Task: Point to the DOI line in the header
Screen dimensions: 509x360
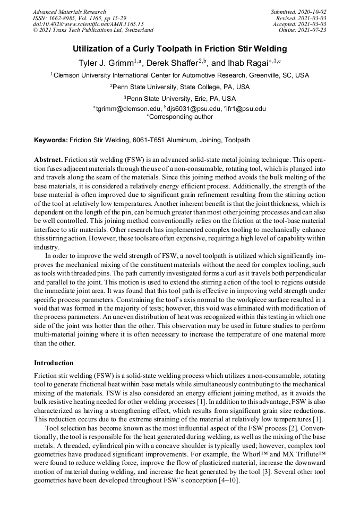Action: [x=88, y=24]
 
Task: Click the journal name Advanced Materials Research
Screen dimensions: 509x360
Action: [x=69, y=12]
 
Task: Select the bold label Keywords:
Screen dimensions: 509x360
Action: [x=51, y=140]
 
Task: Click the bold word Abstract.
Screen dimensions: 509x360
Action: [x=48, y=160]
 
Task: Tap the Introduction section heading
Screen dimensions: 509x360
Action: [x=54, y=363]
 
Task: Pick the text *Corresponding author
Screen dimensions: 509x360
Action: [x=179, y=117]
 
